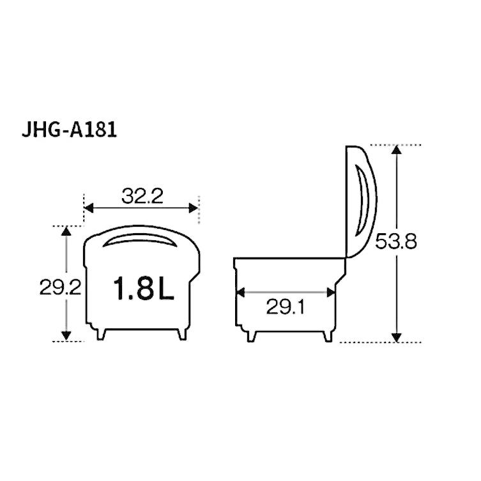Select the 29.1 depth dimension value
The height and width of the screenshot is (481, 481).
point(286,308)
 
